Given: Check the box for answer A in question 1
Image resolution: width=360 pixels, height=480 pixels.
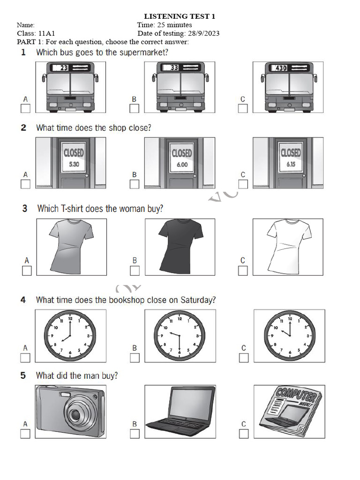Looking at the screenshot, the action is pyautogui.click(x=25, y=109).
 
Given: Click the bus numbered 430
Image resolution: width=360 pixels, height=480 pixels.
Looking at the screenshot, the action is pyautogui.click(x=288, y=88).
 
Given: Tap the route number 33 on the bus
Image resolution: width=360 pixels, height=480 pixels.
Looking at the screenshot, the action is pyautogui.click(x=174, y=67).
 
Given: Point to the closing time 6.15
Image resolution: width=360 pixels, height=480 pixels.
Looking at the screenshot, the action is pyautogui.click(x=291, y=165).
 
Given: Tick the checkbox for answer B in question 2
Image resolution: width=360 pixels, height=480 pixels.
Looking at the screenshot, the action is pyautogui.click(x=135, y=184).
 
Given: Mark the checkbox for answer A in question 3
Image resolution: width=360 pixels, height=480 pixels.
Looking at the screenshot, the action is pyautogui.click(x=27, y=270).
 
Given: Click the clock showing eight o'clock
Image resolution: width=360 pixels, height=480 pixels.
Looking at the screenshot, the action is pyautogui.click(x=70, y=336).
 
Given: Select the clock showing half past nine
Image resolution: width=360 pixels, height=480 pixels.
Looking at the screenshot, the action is pyautogui.click(x=180, y=336).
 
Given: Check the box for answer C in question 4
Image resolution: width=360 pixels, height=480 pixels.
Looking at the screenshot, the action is pyautogui.click(x=244, y=358).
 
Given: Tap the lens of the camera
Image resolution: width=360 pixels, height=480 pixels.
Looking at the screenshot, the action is pyautogui.click(x=75, y=414).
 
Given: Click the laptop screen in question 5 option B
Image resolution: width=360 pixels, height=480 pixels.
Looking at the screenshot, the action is pyautogui.click(x=192, y=404).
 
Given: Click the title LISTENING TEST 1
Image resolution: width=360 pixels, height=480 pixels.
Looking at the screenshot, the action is pyautogui.click(x=180, y=16).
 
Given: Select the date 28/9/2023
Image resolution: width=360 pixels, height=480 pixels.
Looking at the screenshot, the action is pyautogui.click(x=203, y=33).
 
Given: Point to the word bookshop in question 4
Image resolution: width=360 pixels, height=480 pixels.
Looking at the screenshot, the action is pyautogui.click(x=127, y=300).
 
